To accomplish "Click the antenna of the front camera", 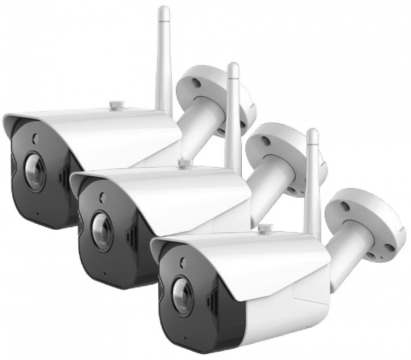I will (313, 171).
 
